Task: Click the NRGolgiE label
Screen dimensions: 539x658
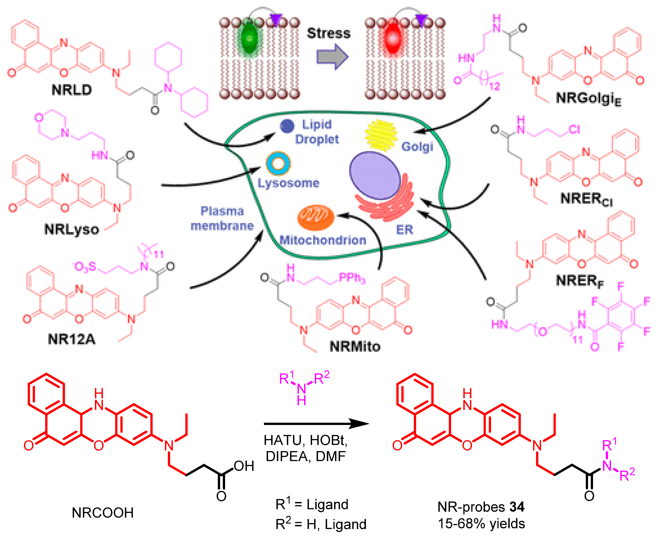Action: pos(588,99)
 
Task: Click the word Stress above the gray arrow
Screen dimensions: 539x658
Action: pos(328,33)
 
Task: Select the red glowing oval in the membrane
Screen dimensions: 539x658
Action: pos(392,39)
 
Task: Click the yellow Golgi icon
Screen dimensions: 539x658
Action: pos(381,135)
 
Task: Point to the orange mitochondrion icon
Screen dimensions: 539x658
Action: pos(315,217)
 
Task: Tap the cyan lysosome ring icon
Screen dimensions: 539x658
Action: pos(278,163)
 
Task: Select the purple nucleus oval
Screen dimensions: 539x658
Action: pos(375,175)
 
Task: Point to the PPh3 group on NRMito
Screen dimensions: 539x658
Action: pos(352,278)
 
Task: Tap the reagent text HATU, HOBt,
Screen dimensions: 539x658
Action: pos(305,440)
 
